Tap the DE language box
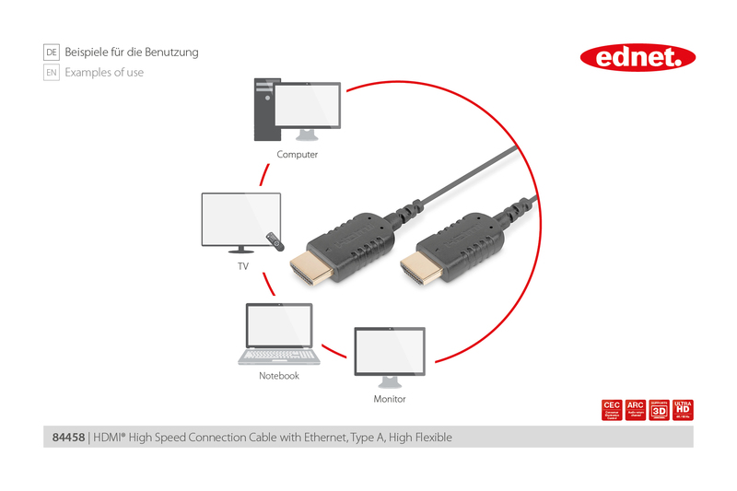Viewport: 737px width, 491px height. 52,53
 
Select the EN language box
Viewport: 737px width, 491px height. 52,72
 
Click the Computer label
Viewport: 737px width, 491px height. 297,155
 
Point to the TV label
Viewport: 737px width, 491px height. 243,266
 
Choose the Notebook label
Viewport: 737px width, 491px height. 279,376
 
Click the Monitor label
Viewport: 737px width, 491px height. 389,399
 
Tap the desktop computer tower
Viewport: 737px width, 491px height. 264,110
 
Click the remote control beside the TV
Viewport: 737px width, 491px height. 274,241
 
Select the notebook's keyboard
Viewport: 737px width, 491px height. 279,355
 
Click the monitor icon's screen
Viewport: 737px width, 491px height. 390,351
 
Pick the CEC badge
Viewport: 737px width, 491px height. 611,410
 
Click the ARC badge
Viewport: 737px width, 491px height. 635,410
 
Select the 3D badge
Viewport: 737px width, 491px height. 659,410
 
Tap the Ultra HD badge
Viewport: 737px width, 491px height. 683,410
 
